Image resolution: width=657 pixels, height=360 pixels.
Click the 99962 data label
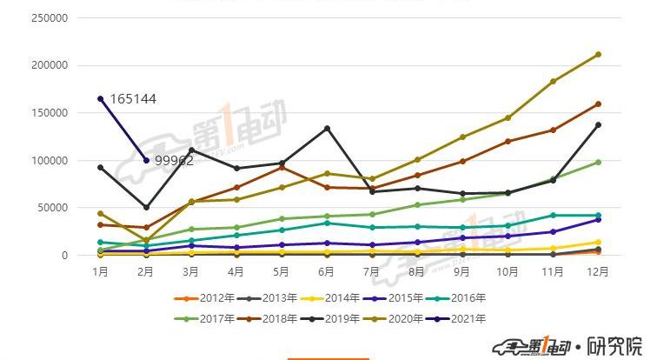[x=174, y=160]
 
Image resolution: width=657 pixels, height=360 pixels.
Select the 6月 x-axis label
[x=327, y=271]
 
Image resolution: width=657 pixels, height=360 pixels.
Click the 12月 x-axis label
[x=598, y=271]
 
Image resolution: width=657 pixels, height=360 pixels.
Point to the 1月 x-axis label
[x=101, y=271]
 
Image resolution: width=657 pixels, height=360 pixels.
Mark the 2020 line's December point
[x=598, y=55]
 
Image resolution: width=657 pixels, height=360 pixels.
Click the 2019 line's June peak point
[x=327, y=129]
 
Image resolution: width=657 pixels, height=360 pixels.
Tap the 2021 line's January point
[x=101, y=98]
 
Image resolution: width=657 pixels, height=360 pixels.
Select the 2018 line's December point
[x=598, y=104]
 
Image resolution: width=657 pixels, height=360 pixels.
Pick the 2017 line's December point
[x=598, y=162]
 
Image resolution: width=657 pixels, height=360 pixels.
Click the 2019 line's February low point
[x=146, y=207]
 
